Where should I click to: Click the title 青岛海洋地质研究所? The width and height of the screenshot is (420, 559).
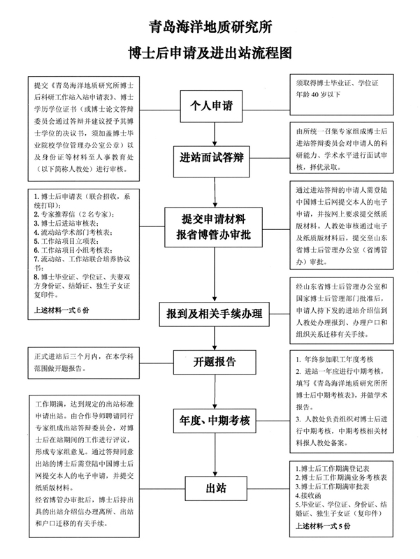point(210,27)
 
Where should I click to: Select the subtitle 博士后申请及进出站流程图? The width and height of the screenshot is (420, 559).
point(210,53)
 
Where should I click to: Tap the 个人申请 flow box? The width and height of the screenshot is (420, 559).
point(212,106)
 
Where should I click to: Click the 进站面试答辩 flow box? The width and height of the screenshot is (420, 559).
point(212,157)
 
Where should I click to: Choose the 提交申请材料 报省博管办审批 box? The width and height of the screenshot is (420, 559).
point(213,227)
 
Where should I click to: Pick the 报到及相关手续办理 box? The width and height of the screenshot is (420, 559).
point(214,314)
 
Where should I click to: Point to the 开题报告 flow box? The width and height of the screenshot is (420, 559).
point(215,362)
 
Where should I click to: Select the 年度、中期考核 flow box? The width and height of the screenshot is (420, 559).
point(215,421)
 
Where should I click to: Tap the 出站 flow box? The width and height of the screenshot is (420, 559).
point(216,488)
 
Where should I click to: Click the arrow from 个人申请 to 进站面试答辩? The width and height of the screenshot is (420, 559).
point(215,134)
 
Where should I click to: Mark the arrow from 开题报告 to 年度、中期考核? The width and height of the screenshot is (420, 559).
point(215,391)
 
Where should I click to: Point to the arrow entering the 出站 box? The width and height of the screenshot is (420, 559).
point(215,455)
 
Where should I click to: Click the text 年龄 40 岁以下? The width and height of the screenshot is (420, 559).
point(318,95)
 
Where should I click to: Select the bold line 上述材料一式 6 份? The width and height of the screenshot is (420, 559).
point(61,310)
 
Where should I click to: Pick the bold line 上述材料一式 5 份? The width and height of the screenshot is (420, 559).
point(323,526)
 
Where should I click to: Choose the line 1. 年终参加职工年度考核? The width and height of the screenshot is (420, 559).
point(335,359)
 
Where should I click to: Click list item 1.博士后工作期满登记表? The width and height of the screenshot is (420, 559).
point(332,468)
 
